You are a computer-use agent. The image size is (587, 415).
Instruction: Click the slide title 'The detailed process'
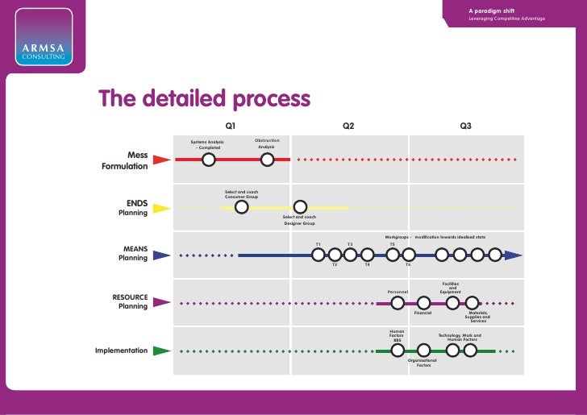click(x=204, y=99)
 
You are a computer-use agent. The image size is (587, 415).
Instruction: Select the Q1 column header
click(x=230, y=127)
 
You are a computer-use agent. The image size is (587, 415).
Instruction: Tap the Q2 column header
click(x=348, y=127)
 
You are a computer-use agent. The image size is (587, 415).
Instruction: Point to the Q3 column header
click(x=466, y=127)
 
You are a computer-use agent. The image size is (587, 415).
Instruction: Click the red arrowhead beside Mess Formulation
click(x=161, y=160)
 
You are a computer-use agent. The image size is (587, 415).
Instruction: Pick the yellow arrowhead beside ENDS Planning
click(x=161, y=208)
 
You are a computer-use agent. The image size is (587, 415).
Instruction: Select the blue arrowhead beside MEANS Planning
click(x=161, y=255)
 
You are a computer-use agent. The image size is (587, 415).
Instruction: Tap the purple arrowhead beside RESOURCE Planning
click(x=161, y=303)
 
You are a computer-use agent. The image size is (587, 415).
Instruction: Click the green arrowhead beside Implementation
click(x=161, y=351)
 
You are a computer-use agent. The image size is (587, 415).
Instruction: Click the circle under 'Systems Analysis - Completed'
click(x=208, y=160)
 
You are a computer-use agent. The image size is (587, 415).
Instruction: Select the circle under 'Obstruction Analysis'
click(x=268, y=160)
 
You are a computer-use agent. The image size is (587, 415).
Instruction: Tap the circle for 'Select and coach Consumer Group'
click(x=241, y=208)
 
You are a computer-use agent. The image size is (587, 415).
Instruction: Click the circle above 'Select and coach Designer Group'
click(x=300, y=208)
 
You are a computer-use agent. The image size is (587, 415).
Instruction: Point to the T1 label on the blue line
click(x=318, y=244)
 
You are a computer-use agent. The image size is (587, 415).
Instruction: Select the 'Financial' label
click(x=423, y=313)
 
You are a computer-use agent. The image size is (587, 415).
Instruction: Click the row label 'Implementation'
click(x=121, y=351)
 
